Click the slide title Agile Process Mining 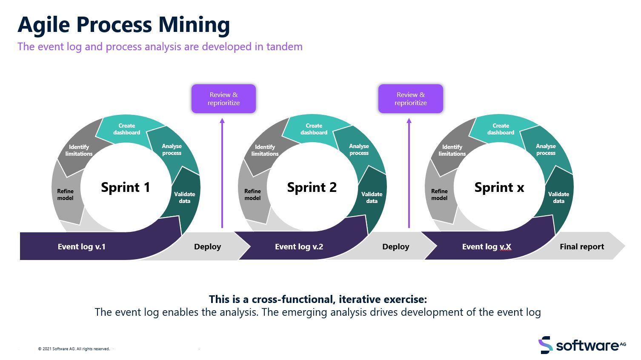point(123,25)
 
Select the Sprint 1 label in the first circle point(125,187)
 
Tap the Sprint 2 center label point(312,187)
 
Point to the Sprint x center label point(499,187)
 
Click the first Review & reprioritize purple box point(223,99)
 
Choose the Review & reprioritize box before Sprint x point(410,99)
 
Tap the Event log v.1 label point(81,247)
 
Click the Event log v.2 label point(299,247)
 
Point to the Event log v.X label point(486,247)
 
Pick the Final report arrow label point(581,247)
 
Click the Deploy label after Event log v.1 point(207,247)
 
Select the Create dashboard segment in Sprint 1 point(126,129)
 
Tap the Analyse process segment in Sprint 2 point(359,149)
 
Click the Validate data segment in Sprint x point(558,197)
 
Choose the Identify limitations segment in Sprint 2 point(265,150)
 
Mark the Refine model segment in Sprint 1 point(65,194)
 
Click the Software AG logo point(582,345)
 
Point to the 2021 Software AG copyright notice point(74,349)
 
